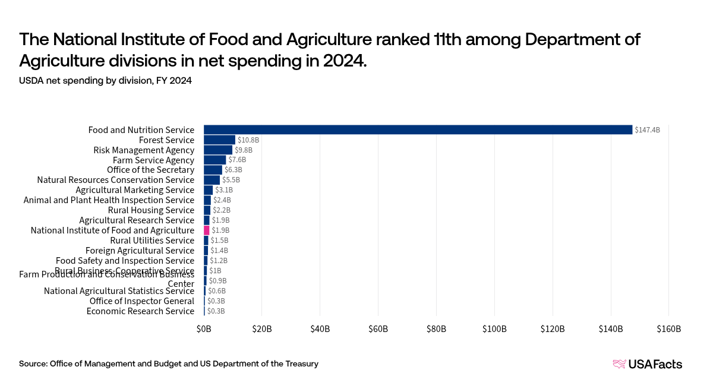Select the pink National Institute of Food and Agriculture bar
coord(207,230)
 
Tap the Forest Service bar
coord(219,140)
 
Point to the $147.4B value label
coord(647,129)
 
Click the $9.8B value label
coord(243,150)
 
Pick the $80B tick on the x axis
coord(436,328)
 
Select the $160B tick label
coord(668,328)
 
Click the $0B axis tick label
coord(204,328)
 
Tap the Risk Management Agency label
coord(144,150)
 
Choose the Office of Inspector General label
coord(142,301)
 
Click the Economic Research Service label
coord(140,311)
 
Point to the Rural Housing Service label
coord(151,210)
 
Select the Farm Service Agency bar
coord(214,160)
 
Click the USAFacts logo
coord(647,364)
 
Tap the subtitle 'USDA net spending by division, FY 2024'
coord(105,81)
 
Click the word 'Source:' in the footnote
coord(33,363)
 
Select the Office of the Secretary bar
coord(213,170)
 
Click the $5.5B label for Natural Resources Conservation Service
coord(231,180)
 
